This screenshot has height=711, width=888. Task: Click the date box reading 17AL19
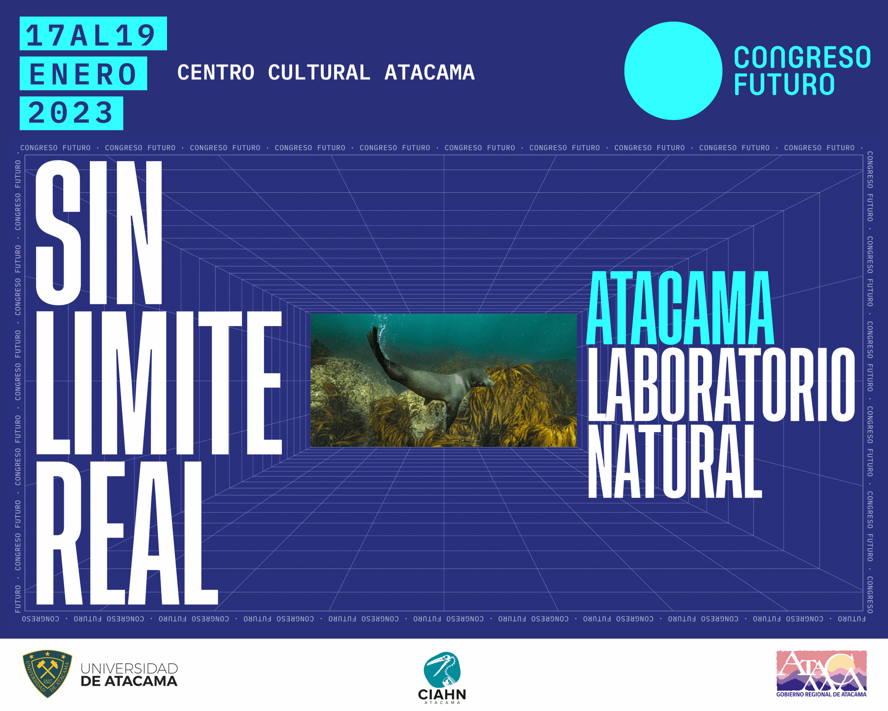(x=93, y=33)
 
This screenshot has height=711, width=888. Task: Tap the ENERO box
(x=83, y=73)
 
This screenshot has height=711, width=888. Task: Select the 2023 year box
(x=71, y=113)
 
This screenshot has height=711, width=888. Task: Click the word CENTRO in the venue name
(x=216, y=73)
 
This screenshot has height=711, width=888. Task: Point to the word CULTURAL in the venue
(x=319, y=73)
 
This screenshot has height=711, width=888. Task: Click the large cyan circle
(x=673, y=71)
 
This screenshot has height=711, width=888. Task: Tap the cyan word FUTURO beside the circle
(x=784, y=84)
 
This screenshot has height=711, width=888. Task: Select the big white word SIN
(x=99, y=233)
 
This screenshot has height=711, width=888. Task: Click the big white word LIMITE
(x=159, y=383)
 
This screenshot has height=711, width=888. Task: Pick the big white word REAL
(x=127, y=533)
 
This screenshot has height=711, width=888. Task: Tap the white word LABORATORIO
(x=721, y=385)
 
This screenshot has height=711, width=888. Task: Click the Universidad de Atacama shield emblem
(x=48, y=674)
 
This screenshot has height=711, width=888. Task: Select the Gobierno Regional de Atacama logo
(x=821, y=674)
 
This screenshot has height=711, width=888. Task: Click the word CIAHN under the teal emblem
(x=442, y=695)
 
